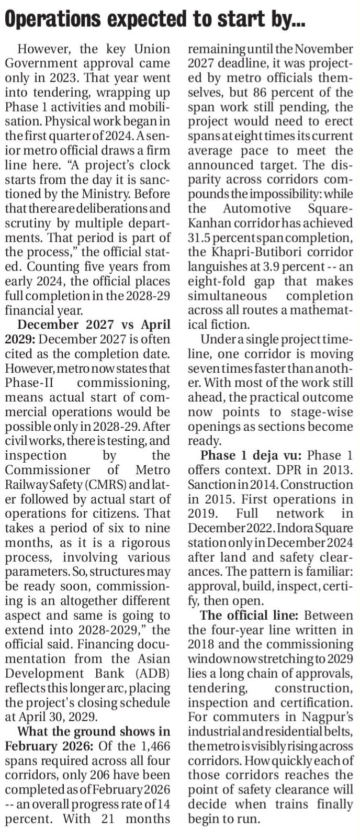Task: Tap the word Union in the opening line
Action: point(152,49)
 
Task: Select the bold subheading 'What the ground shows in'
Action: point(94,731)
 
